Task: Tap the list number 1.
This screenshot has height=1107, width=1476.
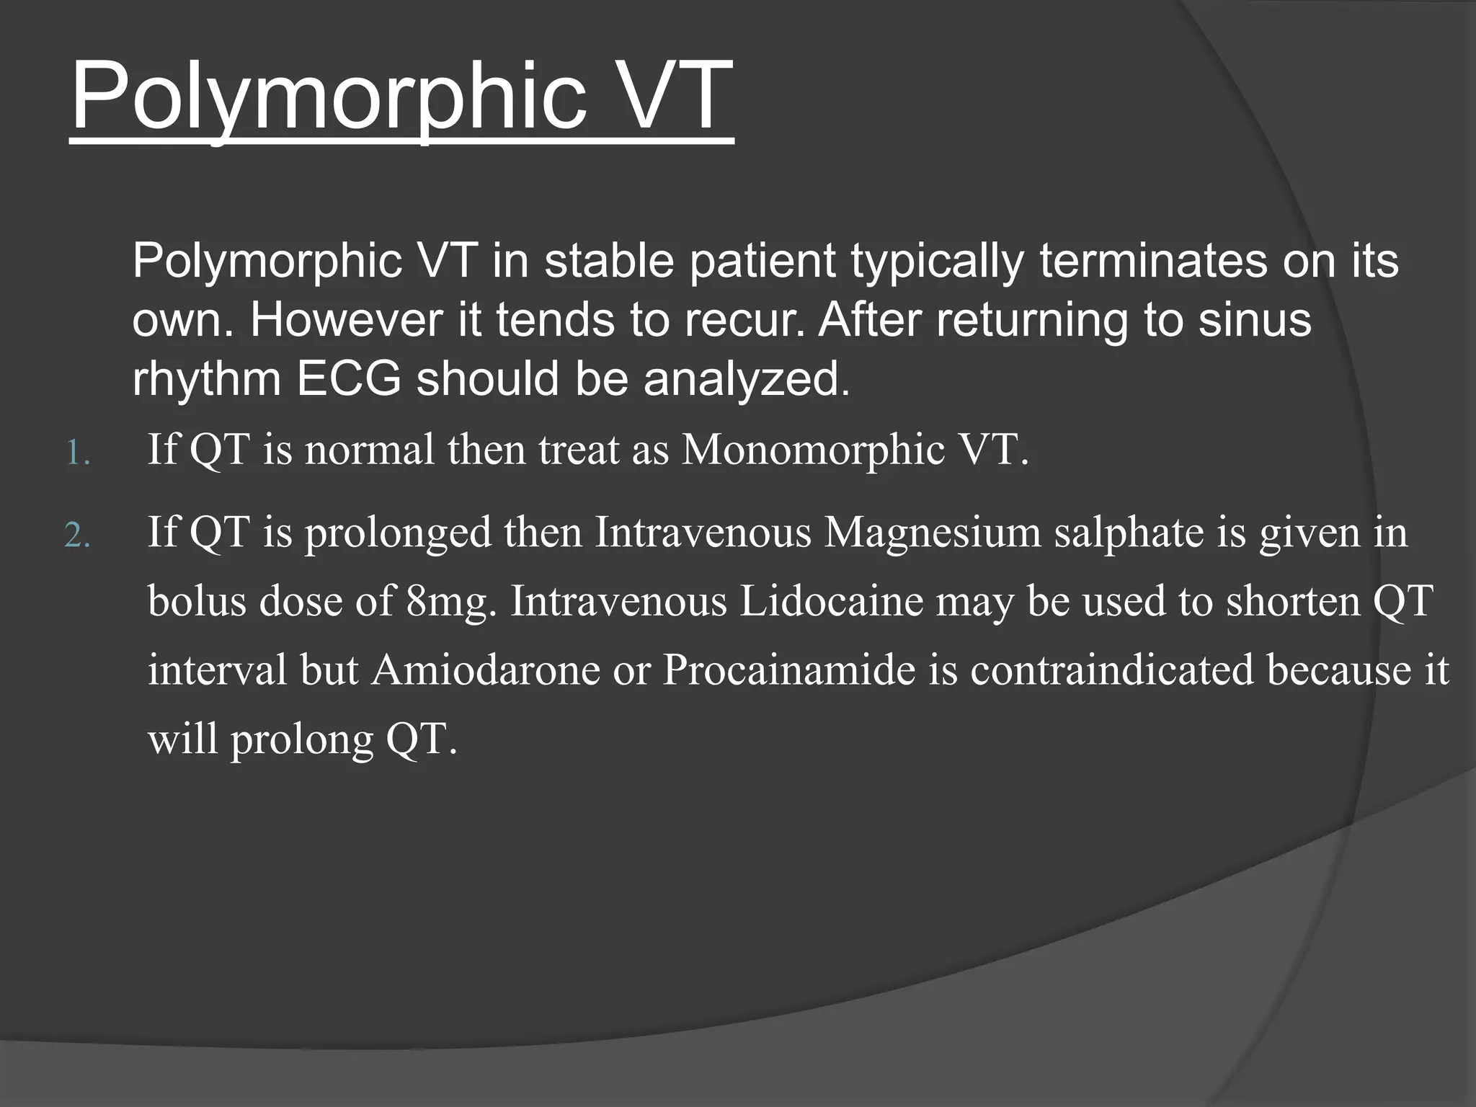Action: (x=77, y=454)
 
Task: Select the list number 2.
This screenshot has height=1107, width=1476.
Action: (x=77, y=536)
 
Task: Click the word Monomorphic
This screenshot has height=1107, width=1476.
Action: (x=812, y=450)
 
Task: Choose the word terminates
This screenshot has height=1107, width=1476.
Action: (x=1152, y=261)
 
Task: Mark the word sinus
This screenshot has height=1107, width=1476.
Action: (x=1255, y=320)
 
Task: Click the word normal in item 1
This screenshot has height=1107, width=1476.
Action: (x=370, y=450)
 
